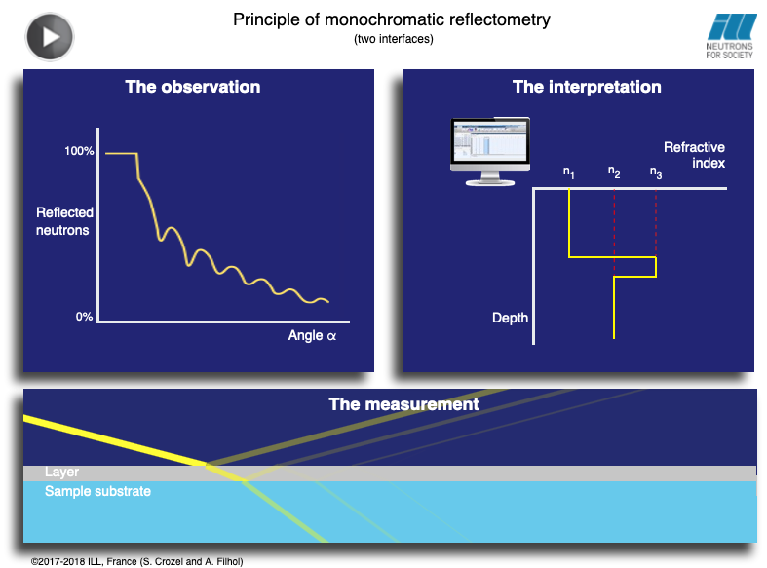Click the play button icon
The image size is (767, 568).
[50, 37]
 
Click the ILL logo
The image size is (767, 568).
[730, 36]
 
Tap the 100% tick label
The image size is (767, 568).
[79, 151]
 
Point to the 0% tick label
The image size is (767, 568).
[84, 317]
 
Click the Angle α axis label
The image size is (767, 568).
[312, 335]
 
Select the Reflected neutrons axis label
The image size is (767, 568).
[64, 221]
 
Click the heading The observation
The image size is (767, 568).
[193, 87]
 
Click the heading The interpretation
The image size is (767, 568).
[587, 87]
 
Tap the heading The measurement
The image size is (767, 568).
[403, 404]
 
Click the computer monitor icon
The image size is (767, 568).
[490, 152]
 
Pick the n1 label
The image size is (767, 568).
[568, 172]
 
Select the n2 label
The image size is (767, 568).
[614, 172]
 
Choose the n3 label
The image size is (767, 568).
[656, 172]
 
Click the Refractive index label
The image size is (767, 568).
[694, 155]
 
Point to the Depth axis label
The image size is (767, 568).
[510, 318]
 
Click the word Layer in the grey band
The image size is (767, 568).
[61, 472]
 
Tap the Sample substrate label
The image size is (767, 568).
[97, 491]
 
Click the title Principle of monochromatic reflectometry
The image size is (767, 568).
[392, 20]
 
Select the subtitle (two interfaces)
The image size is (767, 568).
[394, 39]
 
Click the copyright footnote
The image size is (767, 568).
[137, 561]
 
